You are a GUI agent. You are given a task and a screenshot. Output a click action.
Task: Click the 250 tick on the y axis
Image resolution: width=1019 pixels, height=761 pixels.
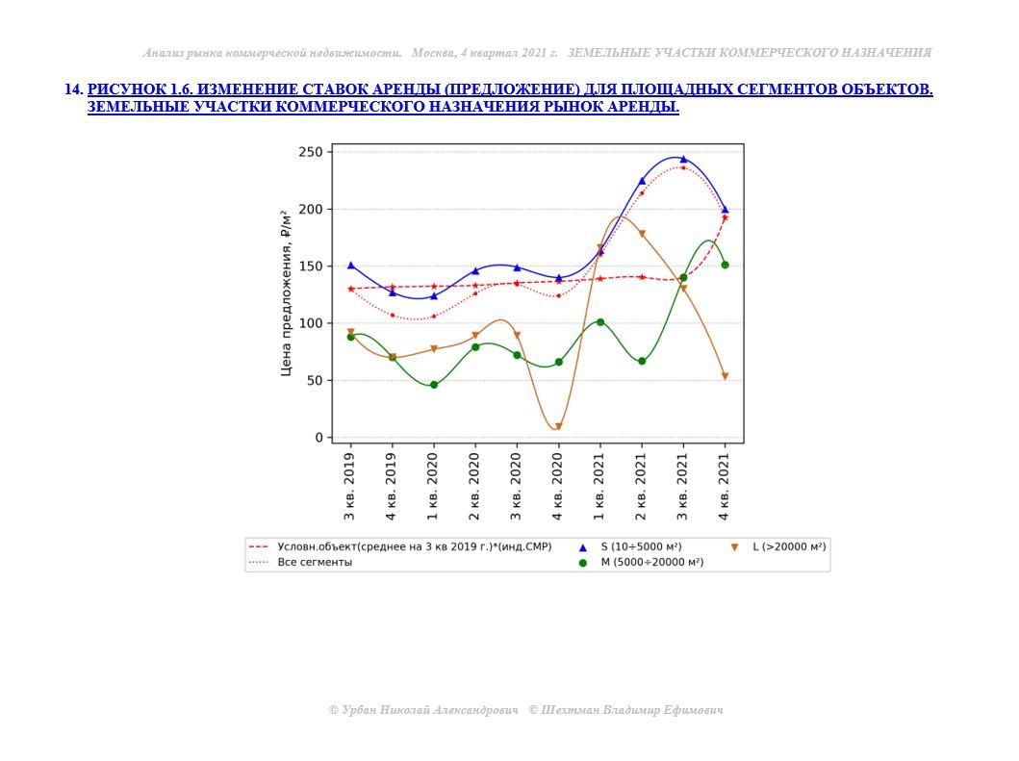point(311,152)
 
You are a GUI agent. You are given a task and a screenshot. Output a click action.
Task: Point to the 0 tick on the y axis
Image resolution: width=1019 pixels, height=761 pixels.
point(318,438)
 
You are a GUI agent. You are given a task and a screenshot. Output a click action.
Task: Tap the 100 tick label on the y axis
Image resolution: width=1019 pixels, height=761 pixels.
point(311,323)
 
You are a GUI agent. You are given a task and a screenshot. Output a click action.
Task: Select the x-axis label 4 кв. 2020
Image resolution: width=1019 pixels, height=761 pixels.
point(558,482)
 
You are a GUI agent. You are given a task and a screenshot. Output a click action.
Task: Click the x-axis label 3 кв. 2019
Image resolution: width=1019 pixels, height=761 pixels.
point(350,482)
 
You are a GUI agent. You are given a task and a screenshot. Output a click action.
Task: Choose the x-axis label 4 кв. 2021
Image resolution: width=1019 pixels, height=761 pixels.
point(725,482)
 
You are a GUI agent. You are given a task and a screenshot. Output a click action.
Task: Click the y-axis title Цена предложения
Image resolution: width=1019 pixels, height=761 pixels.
point(286,292)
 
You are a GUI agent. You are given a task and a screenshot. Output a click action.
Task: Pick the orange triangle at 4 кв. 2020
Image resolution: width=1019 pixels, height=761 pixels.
point(558,427)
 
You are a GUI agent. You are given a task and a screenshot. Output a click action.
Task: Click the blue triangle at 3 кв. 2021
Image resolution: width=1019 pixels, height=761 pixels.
point(683,159)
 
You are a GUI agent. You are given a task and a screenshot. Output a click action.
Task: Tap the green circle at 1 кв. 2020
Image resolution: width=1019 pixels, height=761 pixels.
point(433,385)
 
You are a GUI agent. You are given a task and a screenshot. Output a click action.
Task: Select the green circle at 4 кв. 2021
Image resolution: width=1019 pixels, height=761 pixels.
point(725,265)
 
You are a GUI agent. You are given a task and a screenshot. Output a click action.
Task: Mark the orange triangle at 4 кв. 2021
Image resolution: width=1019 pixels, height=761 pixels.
point(725,376)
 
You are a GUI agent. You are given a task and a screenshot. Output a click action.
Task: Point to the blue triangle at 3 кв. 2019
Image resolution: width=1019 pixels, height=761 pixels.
point(350,266)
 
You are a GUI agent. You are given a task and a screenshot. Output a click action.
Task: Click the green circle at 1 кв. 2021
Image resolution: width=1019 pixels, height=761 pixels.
point(599,322)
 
